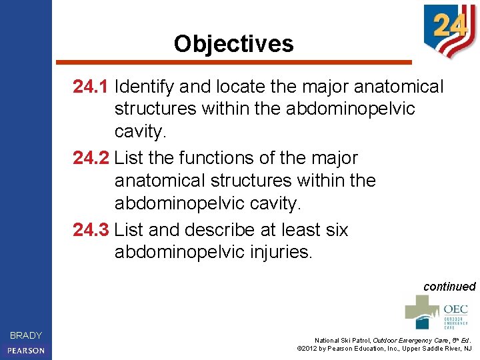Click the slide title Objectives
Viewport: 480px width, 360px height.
(x=233, y=44)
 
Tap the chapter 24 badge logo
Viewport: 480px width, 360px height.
(x=449, y=29)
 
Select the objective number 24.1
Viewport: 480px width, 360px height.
(x=91, y=87)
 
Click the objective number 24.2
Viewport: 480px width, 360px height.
(x=91, y=158)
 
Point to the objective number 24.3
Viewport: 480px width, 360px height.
(x=91, y=230)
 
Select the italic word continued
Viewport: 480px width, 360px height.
(x=449, y=287)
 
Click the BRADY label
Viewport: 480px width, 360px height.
(x=26, y=335)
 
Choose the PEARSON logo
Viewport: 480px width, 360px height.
(x=26, y=350)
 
